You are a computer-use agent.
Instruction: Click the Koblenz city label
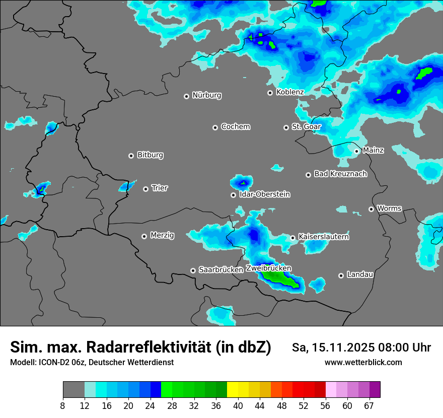point(290,92)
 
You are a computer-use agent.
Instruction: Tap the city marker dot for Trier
point(146,189)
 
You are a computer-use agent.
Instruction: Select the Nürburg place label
point(206,95)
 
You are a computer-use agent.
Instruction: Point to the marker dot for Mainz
point(356,151)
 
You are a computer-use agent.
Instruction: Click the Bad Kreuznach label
point(340,174)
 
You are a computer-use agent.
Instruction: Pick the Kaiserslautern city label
point(323,237)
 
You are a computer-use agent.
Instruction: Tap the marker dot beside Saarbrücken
point(193,270)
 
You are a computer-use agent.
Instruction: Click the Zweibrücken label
point(268,268)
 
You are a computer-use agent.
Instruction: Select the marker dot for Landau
point(341,275)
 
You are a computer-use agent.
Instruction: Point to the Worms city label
point(389,208)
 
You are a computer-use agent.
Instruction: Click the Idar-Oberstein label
point(264,194)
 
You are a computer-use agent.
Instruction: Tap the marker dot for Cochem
point(215,127)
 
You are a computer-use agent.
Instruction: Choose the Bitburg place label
point(150,155)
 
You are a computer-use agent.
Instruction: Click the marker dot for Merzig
point(144,236)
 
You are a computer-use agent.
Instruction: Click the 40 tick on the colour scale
point(238,405)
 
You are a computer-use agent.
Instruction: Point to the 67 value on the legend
point(368,405)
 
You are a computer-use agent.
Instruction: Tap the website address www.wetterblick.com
point(363,362)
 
